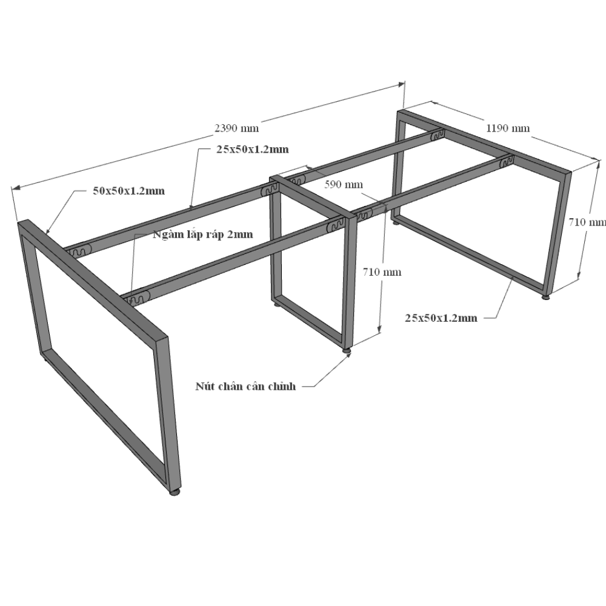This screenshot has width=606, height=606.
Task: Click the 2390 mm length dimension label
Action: pyautogui.click(x=236, y=128)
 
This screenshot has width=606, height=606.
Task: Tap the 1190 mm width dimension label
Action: pyautogui.click(x=508, y=128)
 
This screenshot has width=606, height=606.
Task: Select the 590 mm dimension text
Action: pyautogui.click(x=344, y=184)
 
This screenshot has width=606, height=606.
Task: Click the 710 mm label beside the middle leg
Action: pyautogui.click(x=382, y=272)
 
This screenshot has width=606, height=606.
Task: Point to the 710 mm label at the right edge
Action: pyautogui.click(x=587, y=222)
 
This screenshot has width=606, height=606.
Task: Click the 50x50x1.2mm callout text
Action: pyautogui.click(x=128, y=191)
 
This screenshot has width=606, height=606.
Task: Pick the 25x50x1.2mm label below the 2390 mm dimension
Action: pyautogui.click(x=252, y=149)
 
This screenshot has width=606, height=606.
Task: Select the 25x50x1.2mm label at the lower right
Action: pyautogui.click(x=441, y=318)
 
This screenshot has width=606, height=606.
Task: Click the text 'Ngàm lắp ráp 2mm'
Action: pyautogui.click(x=203, y=235)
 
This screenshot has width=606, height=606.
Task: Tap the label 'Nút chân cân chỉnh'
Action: pyautogui.click(x=245, y=386)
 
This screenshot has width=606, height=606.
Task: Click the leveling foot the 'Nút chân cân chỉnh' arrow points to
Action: pyautogui.click(x=347, y=350)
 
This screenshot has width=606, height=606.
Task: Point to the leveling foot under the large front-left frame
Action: pyautogui.click(x=175, y=492)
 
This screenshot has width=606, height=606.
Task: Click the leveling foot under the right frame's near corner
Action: pyautogui.click(x=546, y=297)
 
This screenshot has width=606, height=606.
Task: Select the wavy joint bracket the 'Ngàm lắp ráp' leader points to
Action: pyautogui.click(x=136, y=299)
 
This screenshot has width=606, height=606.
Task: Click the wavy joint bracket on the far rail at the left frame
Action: pyautogui.click(x=79, y=251)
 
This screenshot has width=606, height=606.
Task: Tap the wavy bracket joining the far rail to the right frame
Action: pyautogui.click(x=437, y=135)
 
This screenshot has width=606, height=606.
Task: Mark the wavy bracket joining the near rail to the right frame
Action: pyautogui.click(x=506, y=162)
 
